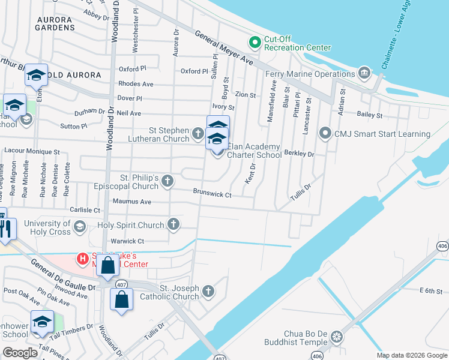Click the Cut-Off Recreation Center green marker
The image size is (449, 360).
(x=255, y=41)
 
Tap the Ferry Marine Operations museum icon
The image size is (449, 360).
(x=364, y=74)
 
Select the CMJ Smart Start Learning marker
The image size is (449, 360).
(x=325, y=133)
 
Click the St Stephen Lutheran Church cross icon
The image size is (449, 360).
(x=198, y=132)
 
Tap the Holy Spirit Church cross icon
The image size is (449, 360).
(x=173, y=225)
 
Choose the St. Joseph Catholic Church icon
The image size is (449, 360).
(x=208, y=292)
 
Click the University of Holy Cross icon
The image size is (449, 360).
(x=79, y=226)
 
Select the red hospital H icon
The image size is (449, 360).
(x=82, y=259)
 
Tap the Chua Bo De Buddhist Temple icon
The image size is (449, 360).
(x=336, y=337)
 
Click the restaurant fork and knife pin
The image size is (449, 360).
(x=5, y=229)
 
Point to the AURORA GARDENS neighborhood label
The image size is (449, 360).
(x=55, y=23)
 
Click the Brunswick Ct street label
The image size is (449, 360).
(x=212, y=193)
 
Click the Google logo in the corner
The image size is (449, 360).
(x=20, y=352)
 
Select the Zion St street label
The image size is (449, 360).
(x=245, y=95)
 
